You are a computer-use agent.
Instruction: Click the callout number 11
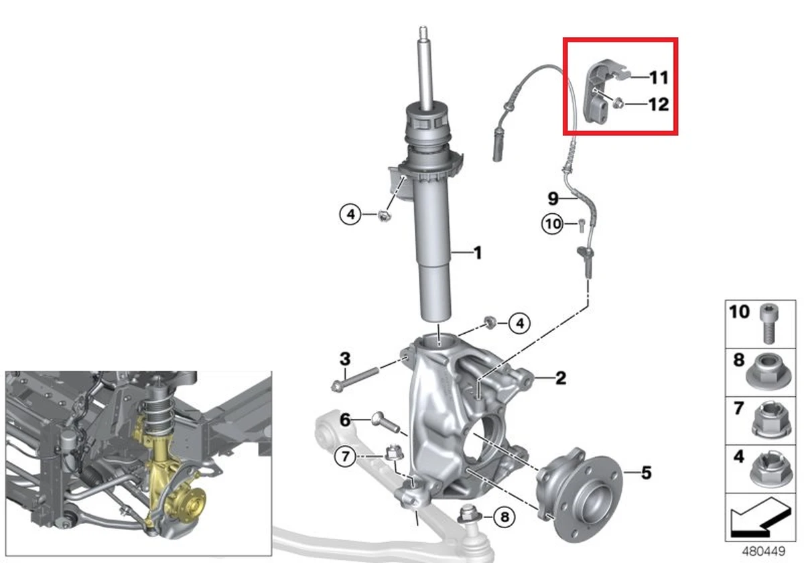659,77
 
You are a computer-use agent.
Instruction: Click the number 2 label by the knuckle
560,378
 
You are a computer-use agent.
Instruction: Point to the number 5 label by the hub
646,473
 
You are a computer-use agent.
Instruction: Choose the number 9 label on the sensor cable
553,198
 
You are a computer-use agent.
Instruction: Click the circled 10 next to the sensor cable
553,225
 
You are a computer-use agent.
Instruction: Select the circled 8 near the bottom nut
505,517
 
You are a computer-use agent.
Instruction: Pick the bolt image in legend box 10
768,323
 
